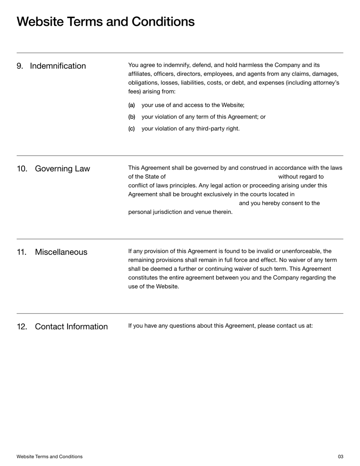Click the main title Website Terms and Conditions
click(106, 22)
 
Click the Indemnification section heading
click(58, 66)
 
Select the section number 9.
click(20, 66)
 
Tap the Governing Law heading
click(62, 169)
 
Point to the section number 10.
click(22, 169)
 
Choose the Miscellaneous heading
click(61, 252)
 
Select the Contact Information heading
click(71, 326)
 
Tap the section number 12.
click(22, 326)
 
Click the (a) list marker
click(131, 105)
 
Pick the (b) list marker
click(131, 117)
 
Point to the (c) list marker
click(131, 129)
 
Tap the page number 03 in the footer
click(340, 457)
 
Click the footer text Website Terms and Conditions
click(49, 457)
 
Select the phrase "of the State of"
click(147, 176)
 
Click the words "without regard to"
click(301, 176)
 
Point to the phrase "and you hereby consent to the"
click(279, 203)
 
